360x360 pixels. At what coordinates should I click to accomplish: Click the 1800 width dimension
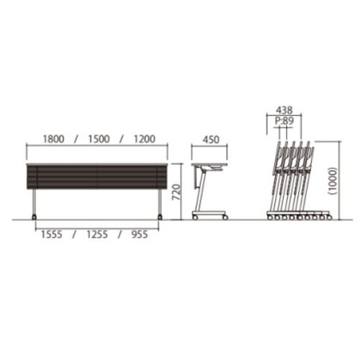pyautogui.click(x=53, y=139)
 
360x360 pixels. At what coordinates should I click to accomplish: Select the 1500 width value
pyautogui.click(x=99, y=139)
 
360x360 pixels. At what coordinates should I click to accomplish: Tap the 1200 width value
pyautogui.click(x=145, y=139)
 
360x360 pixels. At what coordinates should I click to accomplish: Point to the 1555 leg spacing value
pyautogui.click(x=52, y=235)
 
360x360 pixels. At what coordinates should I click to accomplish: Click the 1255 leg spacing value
pyautogui.click(x=97, y=235)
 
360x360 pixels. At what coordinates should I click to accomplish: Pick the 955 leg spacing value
pyautogui.click(x=140, y=235)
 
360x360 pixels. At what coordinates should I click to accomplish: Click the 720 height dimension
pyautogui.click(x=176, y=192)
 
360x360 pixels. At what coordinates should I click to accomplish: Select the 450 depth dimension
pyautogui.click(x=211, y=140)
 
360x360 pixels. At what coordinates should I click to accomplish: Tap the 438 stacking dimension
pyautogui.click(x=284, y=110)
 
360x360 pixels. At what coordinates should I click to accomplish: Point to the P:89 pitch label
pyautogui.click(x=284, y=121)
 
